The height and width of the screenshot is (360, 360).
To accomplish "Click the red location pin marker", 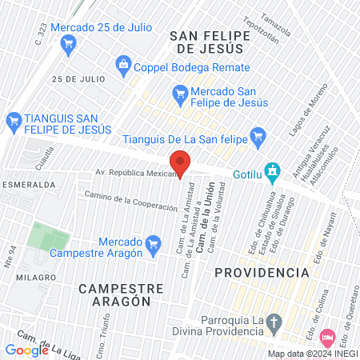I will [x=180, y=162].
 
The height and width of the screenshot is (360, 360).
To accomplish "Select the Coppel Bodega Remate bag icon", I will [x=122, y=63].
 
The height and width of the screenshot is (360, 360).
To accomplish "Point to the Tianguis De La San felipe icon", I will [x=257, y=135].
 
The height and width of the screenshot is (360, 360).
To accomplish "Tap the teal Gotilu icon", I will [x=273, y=170].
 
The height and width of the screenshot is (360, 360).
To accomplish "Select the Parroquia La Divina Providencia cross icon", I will [x=274, y=324].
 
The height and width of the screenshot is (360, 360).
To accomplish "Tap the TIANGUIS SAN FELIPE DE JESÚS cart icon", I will [x=12, y=121].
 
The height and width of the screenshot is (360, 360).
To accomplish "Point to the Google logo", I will [x=26, y=350].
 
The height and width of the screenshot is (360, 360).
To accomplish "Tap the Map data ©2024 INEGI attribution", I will [x=312, y=354].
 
